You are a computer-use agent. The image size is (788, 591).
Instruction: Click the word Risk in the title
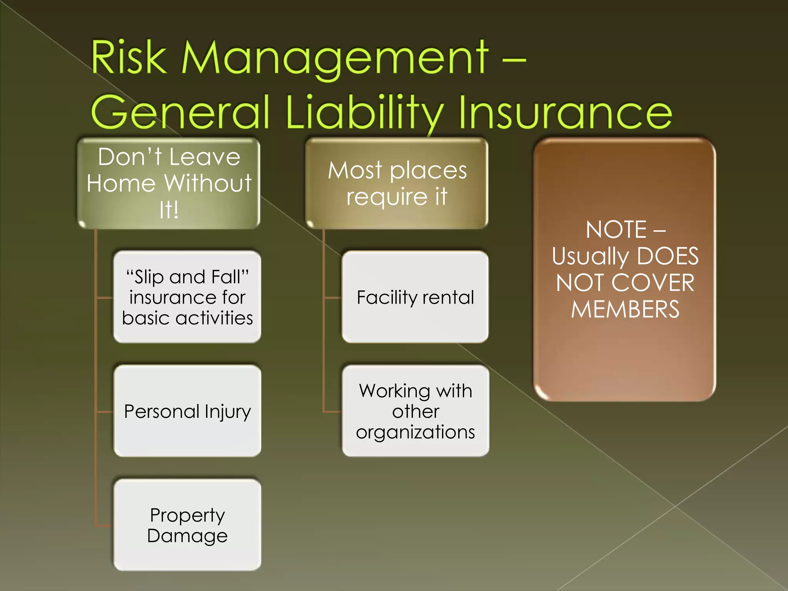(x=129, y=58)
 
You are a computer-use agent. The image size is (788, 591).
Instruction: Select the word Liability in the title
(x=364, y=112)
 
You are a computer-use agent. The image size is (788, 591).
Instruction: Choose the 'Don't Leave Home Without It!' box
(x=169, y=183)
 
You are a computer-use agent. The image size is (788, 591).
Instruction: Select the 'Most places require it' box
(x=397, y=183)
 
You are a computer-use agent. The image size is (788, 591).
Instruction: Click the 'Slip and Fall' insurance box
(x=187, y=297)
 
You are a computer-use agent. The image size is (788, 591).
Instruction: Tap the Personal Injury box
(x=187, y=411)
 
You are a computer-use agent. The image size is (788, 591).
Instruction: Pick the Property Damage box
(x=187, y=525)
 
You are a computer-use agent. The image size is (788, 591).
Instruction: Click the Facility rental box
(x=415, y=297)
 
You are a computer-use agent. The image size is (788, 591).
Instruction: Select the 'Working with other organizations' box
(x=415, y=411)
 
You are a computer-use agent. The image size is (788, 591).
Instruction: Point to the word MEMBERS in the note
(x=625, y=309)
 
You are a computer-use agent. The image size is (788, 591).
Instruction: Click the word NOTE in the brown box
(x=616, y=230)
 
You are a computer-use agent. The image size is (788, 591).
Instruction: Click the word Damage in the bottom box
(x=187, y=536)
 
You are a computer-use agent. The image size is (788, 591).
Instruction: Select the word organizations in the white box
(x=415, y=432)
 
